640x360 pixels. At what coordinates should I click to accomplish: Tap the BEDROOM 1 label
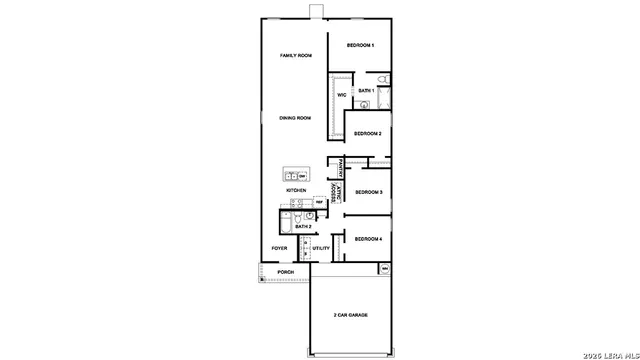pyautogui.click(x=360, y=46)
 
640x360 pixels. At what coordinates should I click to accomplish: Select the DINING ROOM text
pyautogui.click(x=295, y=118)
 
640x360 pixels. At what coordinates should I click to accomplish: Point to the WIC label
pyautogui.click(x=341, y=95)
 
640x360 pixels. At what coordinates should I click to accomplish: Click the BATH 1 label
pyautogui.click(x=367, y=90)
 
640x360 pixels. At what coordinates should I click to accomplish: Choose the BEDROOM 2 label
pyautogui.click(x=367, y=133)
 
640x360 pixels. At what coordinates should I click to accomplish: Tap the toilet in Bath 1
pyautogui.click(x=383, y=80)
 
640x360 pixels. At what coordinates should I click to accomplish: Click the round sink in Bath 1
pyautogui.click(x=364, y=103)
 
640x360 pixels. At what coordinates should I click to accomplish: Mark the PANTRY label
pyautogui.click(x=341, y=167)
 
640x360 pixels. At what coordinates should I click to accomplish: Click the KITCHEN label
pyautogui.click(x=296, y=190)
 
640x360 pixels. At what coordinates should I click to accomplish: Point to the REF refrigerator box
pyautogui.click(x=319, y=202)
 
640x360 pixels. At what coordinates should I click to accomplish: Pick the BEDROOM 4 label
pyautogui.click(x=368, y=239)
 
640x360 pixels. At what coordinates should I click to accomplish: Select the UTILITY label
pyautogui.click(x=321, y=248)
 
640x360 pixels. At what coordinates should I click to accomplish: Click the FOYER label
pyautogui.click(x=280, y=248)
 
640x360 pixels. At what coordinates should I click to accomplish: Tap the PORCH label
pyautogui.click(x=286, y=272)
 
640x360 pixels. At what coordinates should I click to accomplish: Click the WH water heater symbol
pyautogui.click(x=384, y=268)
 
